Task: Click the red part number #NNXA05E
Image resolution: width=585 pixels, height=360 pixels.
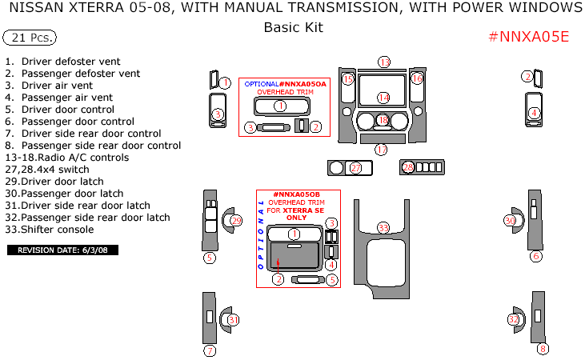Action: (x=528, y=37)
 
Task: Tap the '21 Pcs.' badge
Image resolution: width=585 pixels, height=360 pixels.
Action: (x=30, y=38)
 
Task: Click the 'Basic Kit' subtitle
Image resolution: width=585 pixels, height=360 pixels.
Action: (x=293, y=27)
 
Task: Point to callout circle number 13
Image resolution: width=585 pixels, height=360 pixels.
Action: (x=384, y=62)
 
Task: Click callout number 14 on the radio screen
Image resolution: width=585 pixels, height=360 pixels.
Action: (x=383, y=98)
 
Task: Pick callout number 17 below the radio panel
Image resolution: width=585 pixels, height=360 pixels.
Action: (x=382, y=150)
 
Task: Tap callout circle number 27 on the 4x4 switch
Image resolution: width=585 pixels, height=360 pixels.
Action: (x=355, y=167)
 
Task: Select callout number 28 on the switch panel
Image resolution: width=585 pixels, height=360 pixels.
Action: (x=408, y=167)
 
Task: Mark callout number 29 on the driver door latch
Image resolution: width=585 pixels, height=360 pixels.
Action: (x=236, y=221)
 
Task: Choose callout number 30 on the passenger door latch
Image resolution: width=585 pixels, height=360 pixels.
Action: (x=510, y=221)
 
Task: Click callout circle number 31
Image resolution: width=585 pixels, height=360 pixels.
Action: (x=233, y=320)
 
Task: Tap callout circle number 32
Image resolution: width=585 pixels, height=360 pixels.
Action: (x=514, y=320)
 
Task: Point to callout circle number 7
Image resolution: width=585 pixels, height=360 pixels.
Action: (x=210, y=350)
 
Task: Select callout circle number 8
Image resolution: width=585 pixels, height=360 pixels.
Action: (x=543, y=349)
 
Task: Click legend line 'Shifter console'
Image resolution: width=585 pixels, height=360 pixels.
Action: (x=57, y=230)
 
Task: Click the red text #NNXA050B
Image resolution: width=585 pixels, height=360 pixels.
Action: (x=296, y=194)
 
